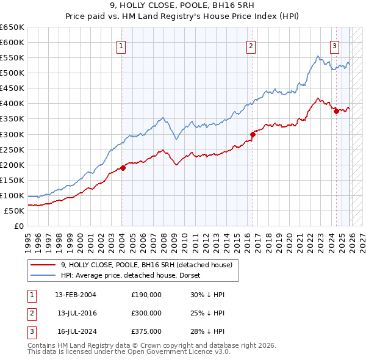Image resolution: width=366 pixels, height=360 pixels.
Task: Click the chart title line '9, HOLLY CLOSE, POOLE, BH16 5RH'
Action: pos(182,6)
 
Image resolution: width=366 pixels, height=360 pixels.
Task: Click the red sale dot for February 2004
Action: pos(123,167)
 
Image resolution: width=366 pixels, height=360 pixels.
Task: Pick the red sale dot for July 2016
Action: pos(252,134)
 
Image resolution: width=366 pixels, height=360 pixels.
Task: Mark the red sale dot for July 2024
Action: pos(336,110)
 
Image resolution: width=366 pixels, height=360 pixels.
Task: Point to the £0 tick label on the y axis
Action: pos(19,226)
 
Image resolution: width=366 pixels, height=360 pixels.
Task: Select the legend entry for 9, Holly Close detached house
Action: pos(146,265)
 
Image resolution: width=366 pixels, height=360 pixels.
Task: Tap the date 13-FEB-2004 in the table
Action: pos(76,295)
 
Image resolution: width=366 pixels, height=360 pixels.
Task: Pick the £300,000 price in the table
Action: pos(146,313)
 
